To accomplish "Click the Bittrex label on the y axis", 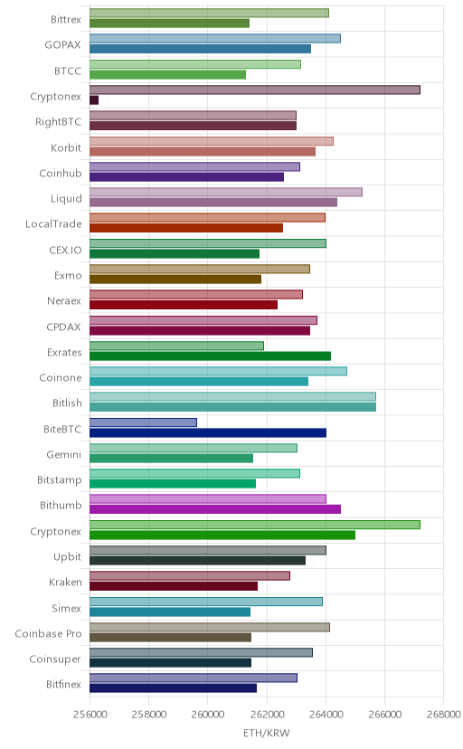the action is coord(66,20).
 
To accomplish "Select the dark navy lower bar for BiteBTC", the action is coord(208,432).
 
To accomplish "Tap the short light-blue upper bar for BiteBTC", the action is coord(143,422).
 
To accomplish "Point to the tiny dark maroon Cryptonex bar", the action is coord(94,100).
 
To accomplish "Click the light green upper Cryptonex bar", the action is coord(255,525).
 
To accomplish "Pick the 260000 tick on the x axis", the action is coord(208,715).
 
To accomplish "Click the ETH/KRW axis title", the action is coord(267,734).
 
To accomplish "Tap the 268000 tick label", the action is coord(443,715).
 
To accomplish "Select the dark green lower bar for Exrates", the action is coord(210,356).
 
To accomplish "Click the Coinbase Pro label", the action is coord(48,633).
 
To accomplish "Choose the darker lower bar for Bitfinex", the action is coord(173,687).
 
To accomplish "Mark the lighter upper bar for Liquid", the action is coord(226,192).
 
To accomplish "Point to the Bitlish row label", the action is coord(67,403).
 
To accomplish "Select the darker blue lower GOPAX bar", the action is coord(200,49).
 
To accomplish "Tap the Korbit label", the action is coord(66,147).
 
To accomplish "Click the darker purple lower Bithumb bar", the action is coord(215,509).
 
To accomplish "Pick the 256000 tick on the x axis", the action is coord(90,715).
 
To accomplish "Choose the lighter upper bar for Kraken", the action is coord(190,575).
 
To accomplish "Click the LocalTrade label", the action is coord(53,224).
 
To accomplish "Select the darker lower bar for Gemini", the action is coord(171,458).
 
